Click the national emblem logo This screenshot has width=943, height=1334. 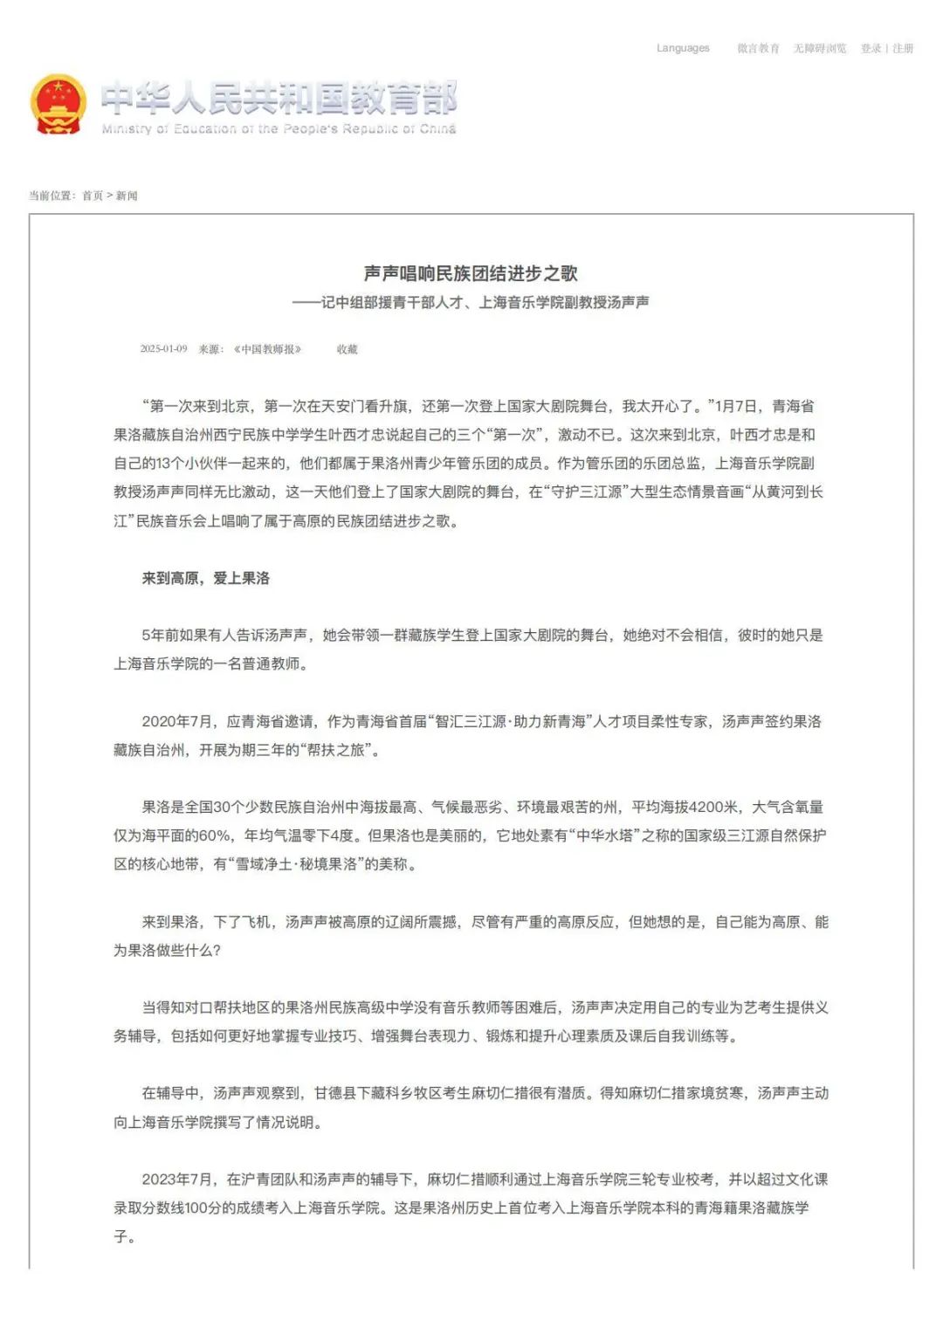[x=59, y=105]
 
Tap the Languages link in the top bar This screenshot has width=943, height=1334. [x=683, y=49]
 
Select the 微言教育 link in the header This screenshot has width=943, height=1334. [x=758, y=49]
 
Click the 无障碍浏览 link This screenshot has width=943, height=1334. [x=820, y=49]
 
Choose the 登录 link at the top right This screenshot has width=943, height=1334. [x=871, y=49]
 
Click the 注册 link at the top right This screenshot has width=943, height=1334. [x=903, y=49]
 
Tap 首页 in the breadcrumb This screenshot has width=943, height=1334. [x=93, y=196]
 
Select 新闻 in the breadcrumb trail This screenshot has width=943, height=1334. [x=127, y=196]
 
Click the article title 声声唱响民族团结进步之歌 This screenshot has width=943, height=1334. [x=471, y=274]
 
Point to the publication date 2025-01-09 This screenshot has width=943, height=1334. [x=163, y=349]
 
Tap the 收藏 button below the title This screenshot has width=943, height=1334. [x=348, y=349]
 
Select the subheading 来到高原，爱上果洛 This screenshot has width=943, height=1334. [x=206, y=578]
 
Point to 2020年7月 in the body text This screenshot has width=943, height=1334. [x=177, y=722]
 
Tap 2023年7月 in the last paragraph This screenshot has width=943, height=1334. [x=177, y=1179]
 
